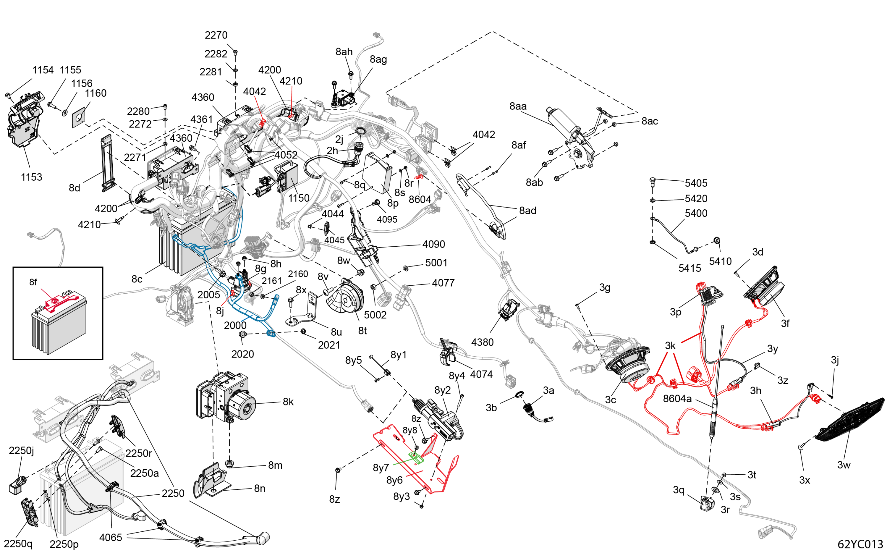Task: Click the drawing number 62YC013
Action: (860, 544)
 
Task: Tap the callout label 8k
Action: (288, 402)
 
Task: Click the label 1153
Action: (31, 177)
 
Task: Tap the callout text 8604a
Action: (677, 399)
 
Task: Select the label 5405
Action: (696, 183)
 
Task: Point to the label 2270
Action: (216, 35)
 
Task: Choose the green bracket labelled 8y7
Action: (416, 457)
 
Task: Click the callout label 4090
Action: (434, 244)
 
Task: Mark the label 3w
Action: (844, 465)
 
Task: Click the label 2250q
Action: (18, 544)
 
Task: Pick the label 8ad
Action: (527, 211)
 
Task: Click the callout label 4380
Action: (482, 342)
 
